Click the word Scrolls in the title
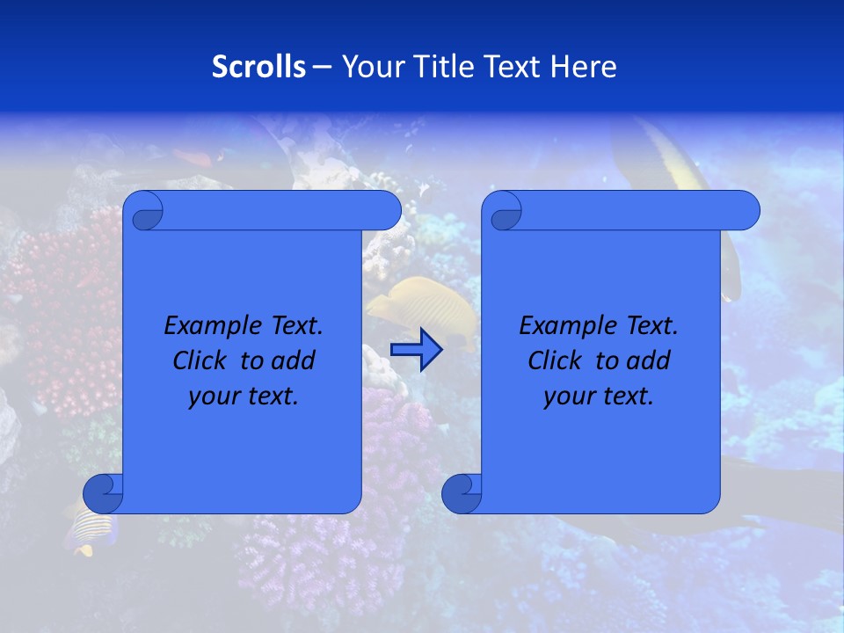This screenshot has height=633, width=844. point(258,67)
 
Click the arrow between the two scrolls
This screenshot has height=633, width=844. point(416,350)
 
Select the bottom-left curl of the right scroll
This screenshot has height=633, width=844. point(462,493)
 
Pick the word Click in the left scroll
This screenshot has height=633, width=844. point(202,361)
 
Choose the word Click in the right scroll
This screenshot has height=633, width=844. point(557,361)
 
